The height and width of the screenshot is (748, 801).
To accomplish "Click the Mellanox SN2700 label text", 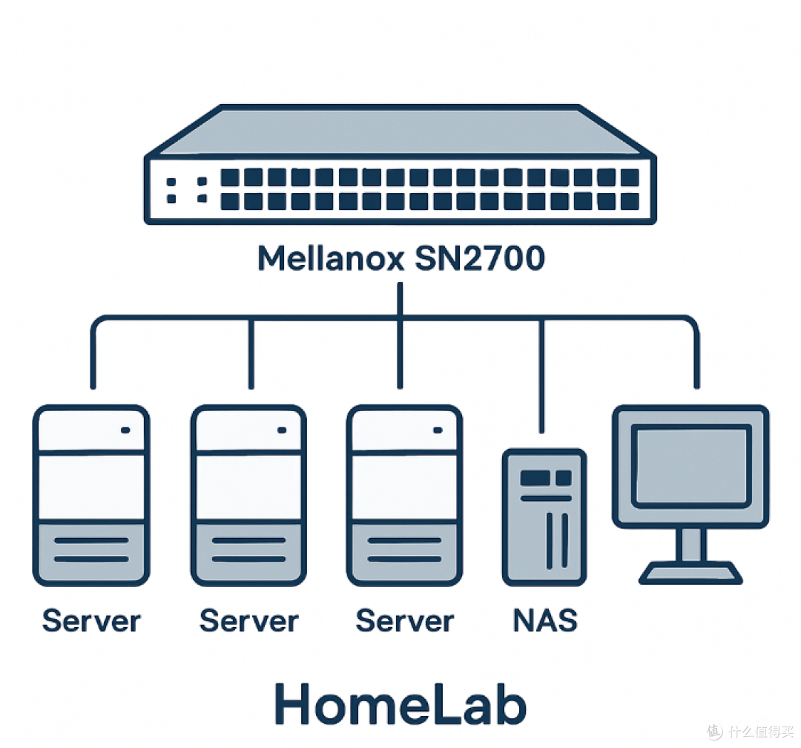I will pyautogui.click(x=400, y=259).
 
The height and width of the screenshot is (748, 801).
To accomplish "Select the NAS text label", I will pyautogui.click(x=544, y=620).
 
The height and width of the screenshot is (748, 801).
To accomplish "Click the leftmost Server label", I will pyautogui.click(x=91, y=620).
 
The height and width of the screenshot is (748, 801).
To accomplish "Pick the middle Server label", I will pyautogui.click(x=248, y=620).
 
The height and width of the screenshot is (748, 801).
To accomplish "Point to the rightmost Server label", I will pyautogui.click(x=404, y=620).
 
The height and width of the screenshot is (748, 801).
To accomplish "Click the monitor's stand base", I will pyautogui.click(x=690, y=573).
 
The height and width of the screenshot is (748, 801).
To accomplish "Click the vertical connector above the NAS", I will pyautogui.click(x=542, y=375).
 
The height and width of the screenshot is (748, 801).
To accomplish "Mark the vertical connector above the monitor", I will pyautogui.click(x=696, y=356).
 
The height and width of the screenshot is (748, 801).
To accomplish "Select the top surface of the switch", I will pyautogui.click(x=400, y=134).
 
